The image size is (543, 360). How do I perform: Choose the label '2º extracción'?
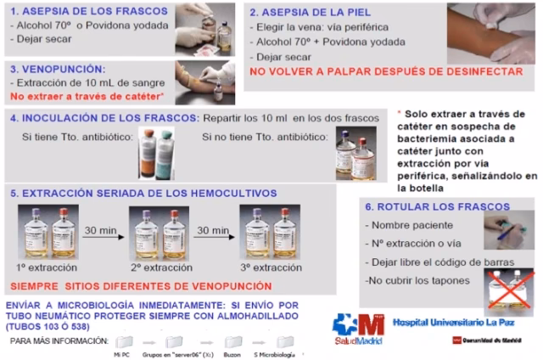pos(160,267)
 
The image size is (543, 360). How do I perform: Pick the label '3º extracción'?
pos(270,267)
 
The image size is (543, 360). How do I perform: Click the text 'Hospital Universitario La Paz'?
pos(449,323)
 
